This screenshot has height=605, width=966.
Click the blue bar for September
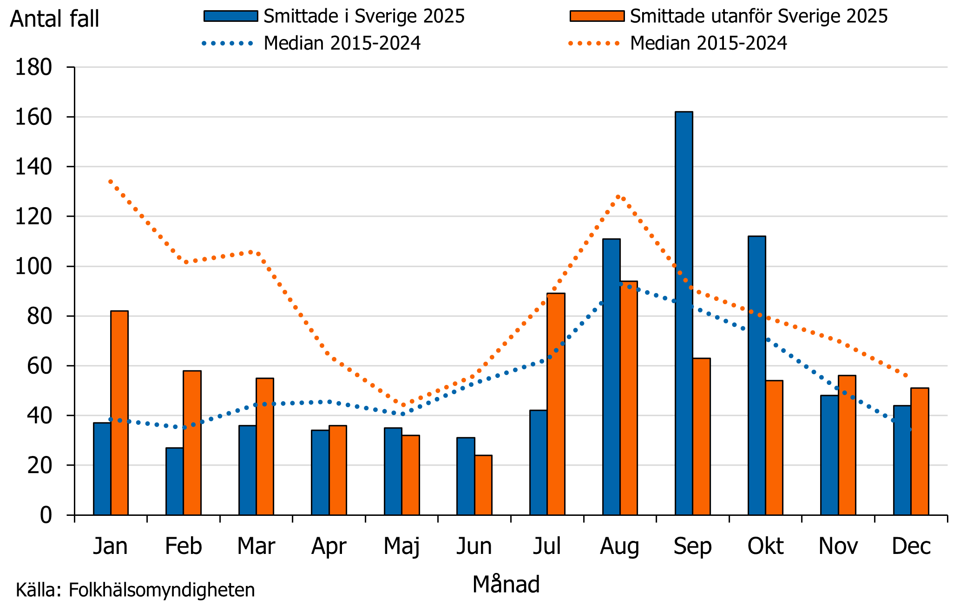(x=683, y=313)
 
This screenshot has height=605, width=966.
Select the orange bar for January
(x=119, y=413)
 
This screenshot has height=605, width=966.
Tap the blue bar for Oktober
(x=756, y=376)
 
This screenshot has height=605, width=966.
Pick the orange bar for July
(x=556, y=404)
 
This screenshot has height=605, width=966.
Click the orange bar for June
(x=483, y=485)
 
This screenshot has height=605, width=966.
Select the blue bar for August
(x=611, y=377)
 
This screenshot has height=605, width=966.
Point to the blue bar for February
(x=174, y=481)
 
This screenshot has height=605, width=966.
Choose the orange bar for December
(x=920, y=451)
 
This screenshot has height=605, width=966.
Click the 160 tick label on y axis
(x=33, y=117)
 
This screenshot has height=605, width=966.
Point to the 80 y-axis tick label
(x=39, y=316)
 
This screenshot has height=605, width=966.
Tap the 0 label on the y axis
(x=46, y=515)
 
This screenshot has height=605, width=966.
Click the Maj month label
(x=401, y=546)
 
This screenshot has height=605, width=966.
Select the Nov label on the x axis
(x=838, y=546)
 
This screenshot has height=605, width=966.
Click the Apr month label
(x=329, y=546)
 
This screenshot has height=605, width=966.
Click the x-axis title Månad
(x=506, y=584)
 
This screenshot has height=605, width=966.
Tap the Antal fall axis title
(x=55, y=19)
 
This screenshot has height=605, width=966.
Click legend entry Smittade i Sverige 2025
(x=364, y=16)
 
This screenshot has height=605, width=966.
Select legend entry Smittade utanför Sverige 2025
(x=758, y=16)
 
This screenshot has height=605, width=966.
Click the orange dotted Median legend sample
(x=594, y=44)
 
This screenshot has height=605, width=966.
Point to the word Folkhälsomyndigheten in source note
(x=162, y=590)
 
